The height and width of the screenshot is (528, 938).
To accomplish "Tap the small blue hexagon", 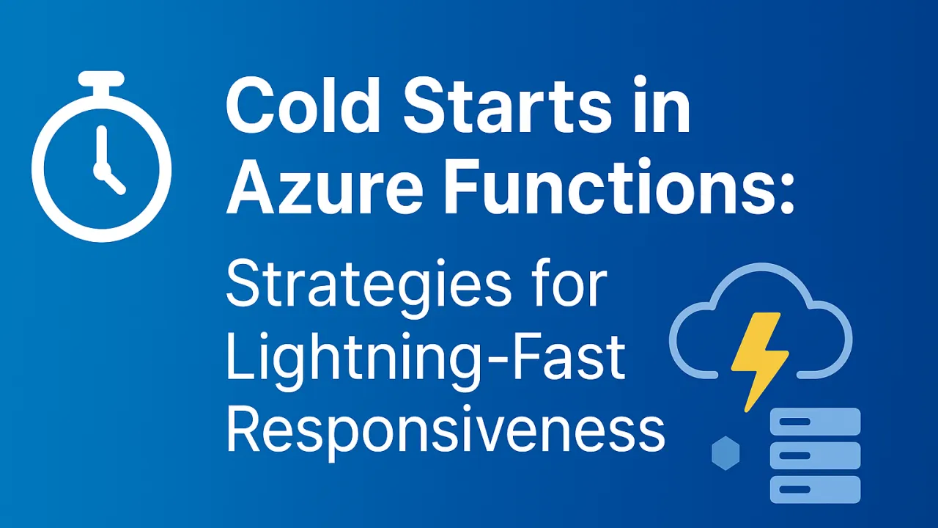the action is [725, 453].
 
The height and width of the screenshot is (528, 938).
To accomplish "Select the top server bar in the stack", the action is [816, 422].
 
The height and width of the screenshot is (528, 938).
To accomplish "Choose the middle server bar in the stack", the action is [816, 455].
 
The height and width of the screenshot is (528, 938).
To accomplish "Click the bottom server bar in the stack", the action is [816, 489].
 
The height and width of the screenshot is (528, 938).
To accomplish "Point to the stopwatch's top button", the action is [101, 79].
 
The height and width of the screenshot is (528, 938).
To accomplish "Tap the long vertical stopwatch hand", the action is [101, 147].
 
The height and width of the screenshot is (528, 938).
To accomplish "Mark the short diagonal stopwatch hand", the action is [112, 181].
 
